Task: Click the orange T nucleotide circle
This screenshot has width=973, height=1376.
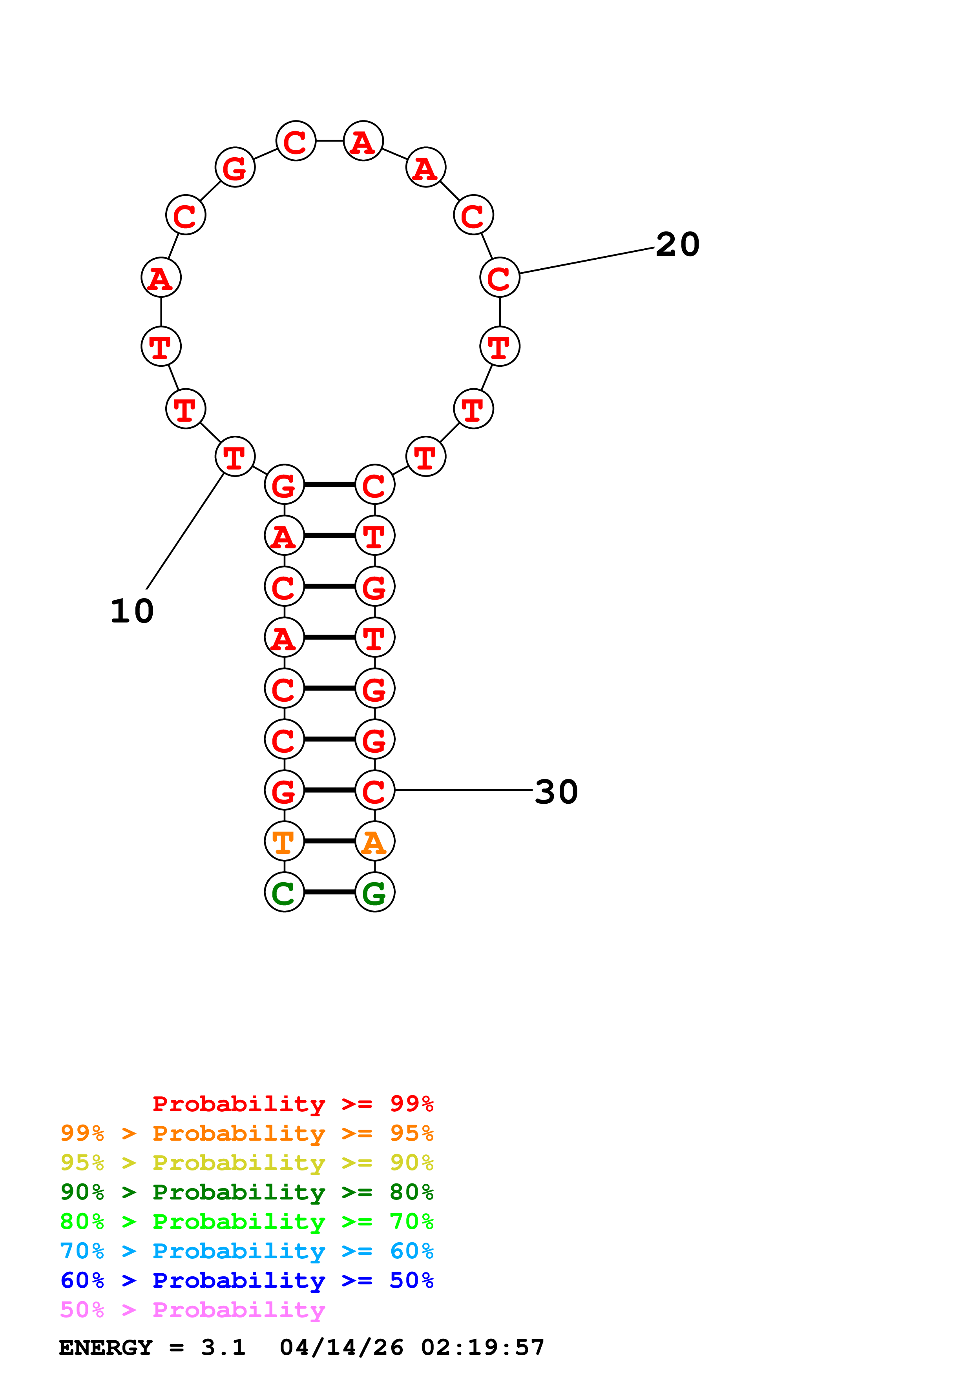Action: coord(284,841)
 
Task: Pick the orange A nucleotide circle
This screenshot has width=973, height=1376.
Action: coord(375,841)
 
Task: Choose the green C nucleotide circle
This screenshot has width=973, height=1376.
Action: coord(284,892)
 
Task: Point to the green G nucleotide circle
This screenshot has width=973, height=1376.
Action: coord(375,892)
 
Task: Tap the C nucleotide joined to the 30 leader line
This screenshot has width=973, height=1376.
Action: coord(375,790)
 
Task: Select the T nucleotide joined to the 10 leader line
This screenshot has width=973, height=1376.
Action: coord(235,457)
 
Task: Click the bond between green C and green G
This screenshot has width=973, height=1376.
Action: coord(329,892)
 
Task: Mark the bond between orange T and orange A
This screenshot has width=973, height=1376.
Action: coord(329,841)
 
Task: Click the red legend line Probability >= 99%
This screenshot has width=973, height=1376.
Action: coord(292,1104)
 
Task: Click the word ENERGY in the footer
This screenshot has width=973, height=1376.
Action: coord(106,1347)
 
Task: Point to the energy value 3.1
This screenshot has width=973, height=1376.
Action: coord(223,1347)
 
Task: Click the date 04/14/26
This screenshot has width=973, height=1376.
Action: coord(341,1347)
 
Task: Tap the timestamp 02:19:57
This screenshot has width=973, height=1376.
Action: coord(483,1347)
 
